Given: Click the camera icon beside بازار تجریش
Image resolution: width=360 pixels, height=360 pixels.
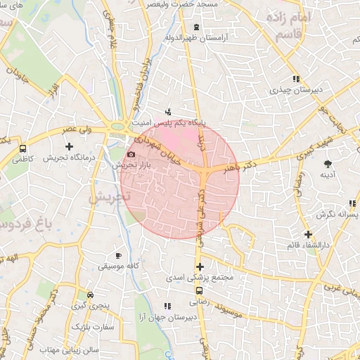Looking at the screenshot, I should (x=131, y=155).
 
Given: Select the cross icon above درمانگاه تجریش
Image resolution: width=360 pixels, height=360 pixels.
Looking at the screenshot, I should (x=69, y=146).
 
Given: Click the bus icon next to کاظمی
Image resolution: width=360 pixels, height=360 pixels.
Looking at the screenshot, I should (x=23, y=149).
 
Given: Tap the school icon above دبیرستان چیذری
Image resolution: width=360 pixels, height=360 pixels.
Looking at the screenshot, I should (x=296, y=79).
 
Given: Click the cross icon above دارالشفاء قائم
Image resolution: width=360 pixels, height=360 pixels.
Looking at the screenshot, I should (x=307, y=234).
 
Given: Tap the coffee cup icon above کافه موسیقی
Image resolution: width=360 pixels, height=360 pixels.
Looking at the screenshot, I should (x=118, y=255).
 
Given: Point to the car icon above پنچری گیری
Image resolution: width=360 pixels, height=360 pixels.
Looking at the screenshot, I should (x=89, y=295).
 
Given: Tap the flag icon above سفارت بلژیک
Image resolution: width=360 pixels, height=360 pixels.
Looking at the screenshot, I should (x=76, y=327).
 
